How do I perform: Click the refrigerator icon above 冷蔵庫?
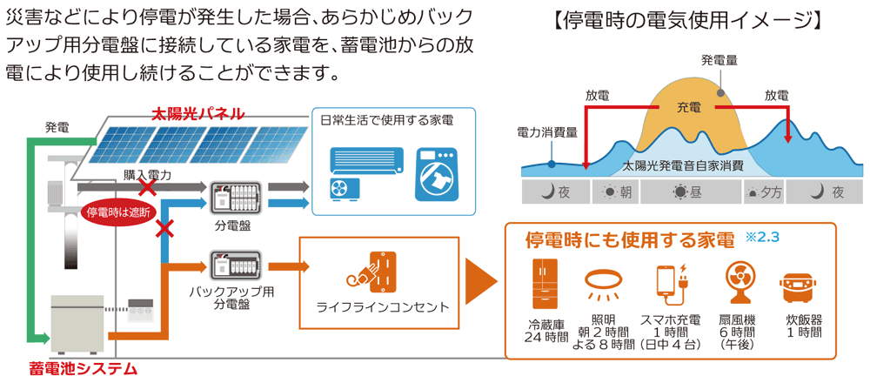point(546,283)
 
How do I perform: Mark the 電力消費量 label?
point(548,132)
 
